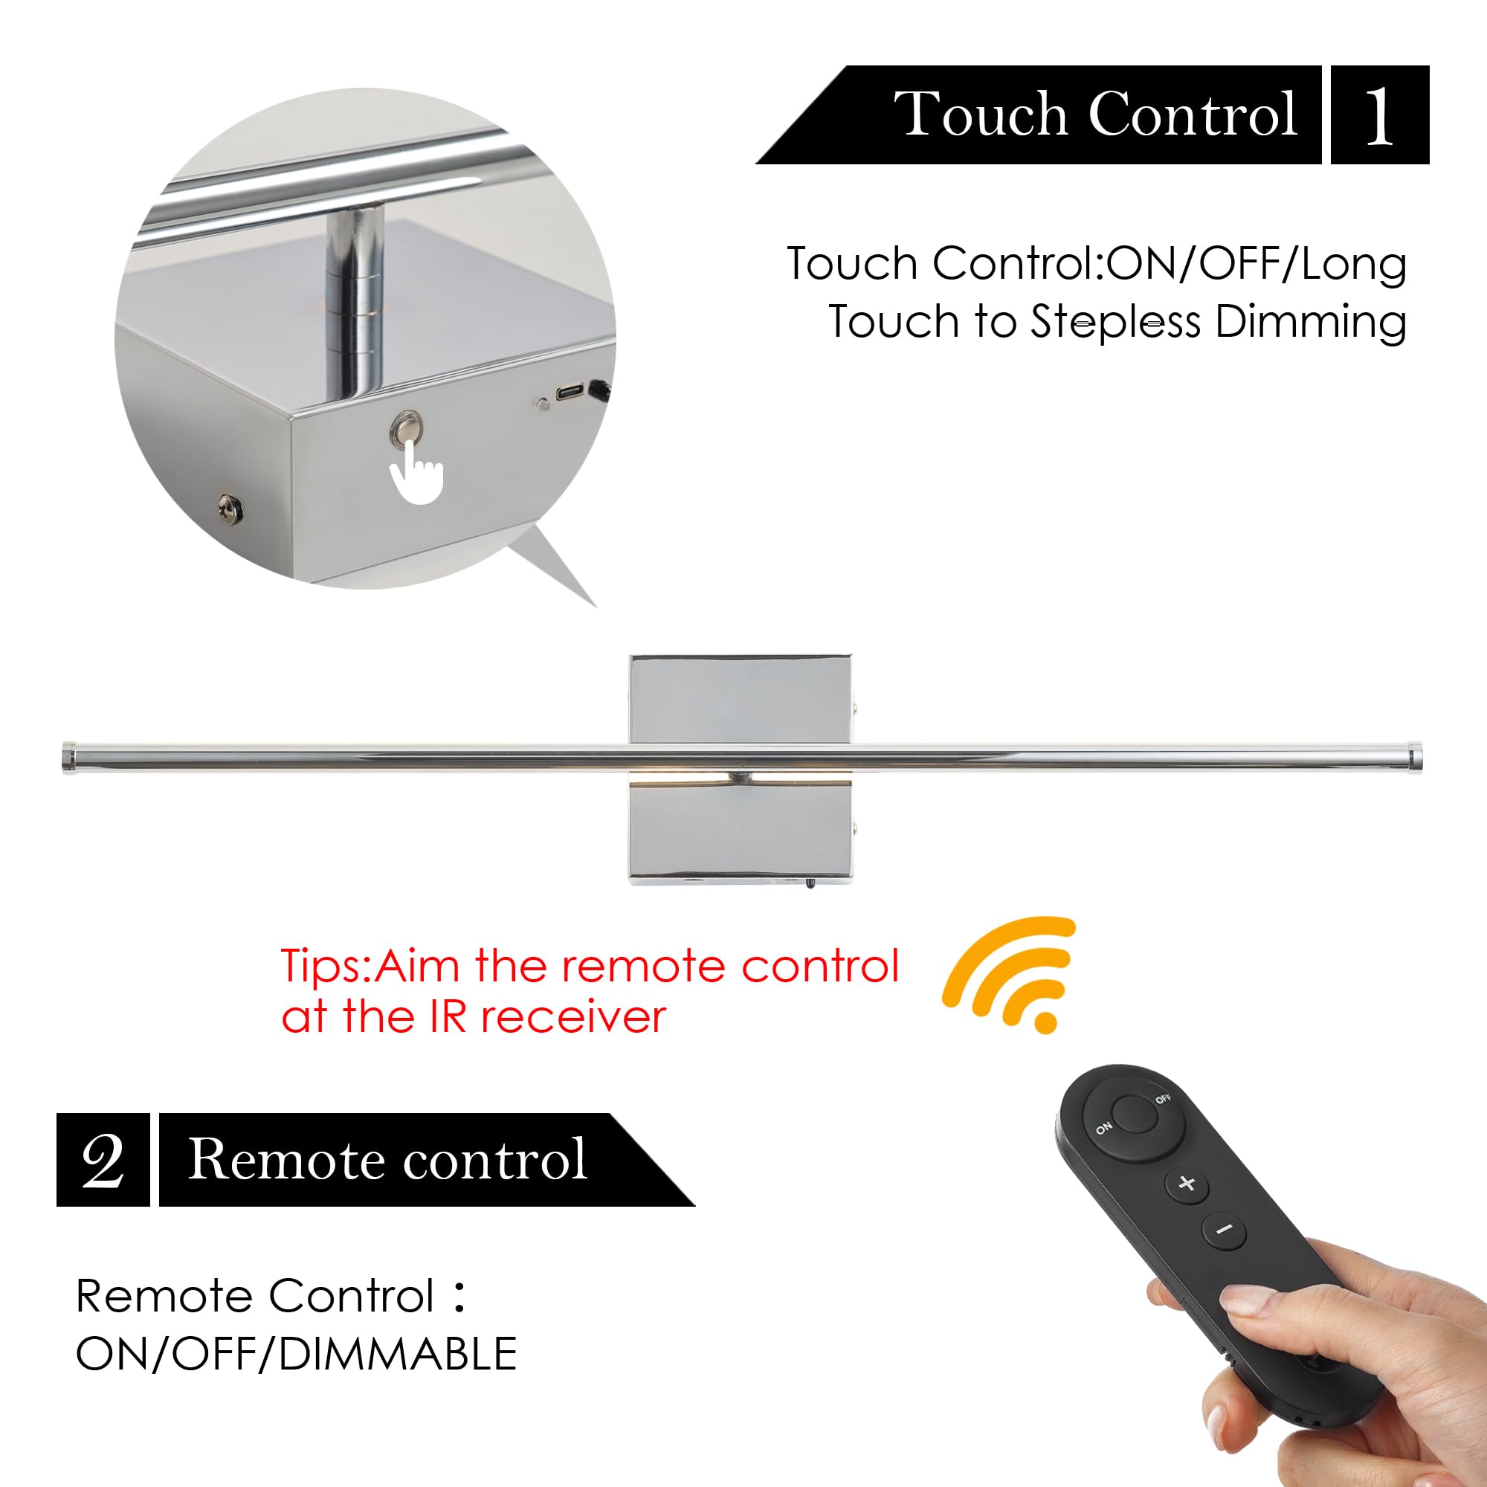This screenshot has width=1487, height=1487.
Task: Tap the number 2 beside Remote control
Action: tap(103, 1160)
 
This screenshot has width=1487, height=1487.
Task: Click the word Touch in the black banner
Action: tap(981, 114)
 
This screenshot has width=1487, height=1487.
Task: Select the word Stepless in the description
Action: tap(1115, 322)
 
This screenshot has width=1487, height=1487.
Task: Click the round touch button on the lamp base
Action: tap(407, 428)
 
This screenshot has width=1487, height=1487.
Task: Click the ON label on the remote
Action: tap(1103, 1129)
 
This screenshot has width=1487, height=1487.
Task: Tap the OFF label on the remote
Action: tap(1163, 1098)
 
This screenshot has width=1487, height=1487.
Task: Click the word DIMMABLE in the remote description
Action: tap(398, 1355)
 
